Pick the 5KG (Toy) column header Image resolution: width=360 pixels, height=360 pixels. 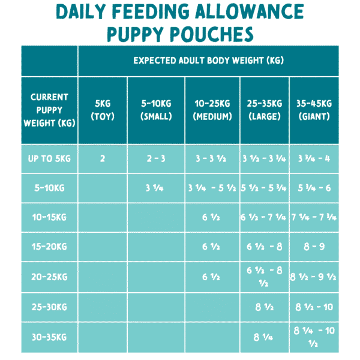tap(102, 110)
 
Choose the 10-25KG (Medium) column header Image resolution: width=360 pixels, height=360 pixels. tap(212, 110)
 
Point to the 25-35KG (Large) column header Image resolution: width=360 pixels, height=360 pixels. tap(264, 110)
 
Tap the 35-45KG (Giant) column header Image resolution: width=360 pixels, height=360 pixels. tap(313, 110)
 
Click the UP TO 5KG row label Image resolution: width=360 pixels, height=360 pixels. tap(49, 158)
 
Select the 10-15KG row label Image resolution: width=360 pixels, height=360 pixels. tap(49, 218)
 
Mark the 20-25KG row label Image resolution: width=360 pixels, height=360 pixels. tap(49, 277)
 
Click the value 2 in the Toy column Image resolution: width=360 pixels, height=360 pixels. tap(102, 158)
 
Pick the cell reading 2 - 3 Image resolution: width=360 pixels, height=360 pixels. tap(156, 158)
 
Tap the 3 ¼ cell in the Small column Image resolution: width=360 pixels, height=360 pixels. tap(156, 188)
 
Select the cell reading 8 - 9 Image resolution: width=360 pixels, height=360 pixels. tap(313, 247)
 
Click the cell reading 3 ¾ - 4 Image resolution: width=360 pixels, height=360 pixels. tap(313, 158)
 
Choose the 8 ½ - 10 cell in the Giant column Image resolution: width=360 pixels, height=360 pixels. tap(313, 308)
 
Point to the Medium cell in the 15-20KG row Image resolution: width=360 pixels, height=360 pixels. tap(212, 247)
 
